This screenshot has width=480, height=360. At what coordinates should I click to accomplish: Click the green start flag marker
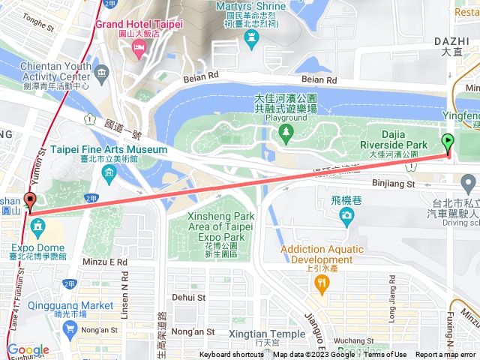click(448, 140)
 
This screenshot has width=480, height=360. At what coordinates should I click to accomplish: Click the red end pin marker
click(30, 201)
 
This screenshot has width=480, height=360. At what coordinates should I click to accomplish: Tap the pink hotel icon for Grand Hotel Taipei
click(138, 48)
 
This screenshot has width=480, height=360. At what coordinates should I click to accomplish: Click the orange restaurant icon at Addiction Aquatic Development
click(322, 282)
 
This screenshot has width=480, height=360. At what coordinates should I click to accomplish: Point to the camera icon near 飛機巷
click(346, 217)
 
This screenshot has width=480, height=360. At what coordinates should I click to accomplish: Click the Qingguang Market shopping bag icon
click(70, 328)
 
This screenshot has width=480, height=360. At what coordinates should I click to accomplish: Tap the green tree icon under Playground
click(285, 133)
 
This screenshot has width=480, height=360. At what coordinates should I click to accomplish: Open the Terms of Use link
click(385, 355)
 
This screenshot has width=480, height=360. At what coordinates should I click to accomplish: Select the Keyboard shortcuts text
click(232, 355)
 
